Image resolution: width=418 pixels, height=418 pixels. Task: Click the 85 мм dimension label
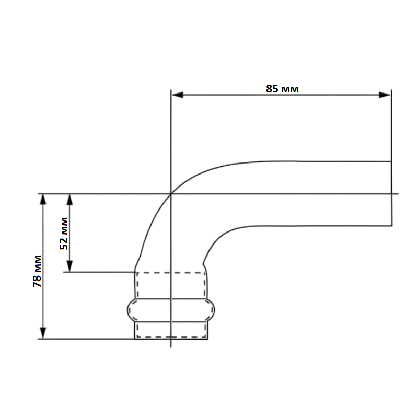(282, 89)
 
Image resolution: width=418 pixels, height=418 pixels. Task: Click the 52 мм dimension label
(64, 234)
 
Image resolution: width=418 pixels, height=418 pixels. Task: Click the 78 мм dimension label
(37, 271)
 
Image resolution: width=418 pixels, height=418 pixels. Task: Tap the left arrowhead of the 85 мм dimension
(178, 95)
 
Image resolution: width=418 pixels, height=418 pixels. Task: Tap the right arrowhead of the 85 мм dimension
(385, 95)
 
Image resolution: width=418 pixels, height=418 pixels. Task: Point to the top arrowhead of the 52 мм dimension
(69, 200)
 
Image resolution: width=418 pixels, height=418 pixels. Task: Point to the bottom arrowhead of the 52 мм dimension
(69, 266)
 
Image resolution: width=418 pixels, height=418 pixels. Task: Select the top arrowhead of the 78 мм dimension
(43, 200)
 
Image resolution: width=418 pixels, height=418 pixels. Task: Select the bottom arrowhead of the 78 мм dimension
(43, 333)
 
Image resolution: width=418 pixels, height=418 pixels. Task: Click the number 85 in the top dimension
(272, 89)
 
